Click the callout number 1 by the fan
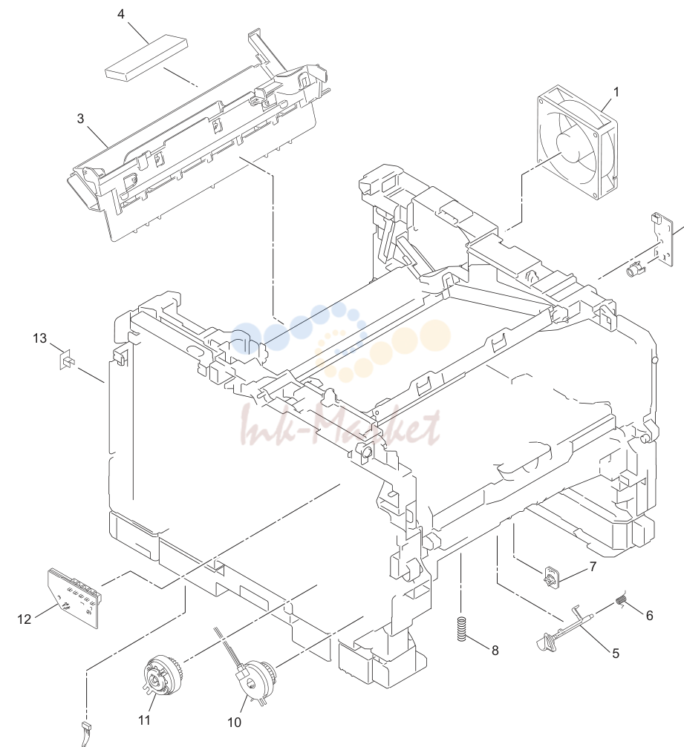[x=616, y=92]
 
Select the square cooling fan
[x=577, y=142]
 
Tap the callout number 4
[x=120, y=14]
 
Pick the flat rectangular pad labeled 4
[x=146, y=58]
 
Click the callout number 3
[x=81, y=118]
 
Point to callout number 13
[x=39, y=338]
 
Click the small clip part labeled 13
[x=67, y=360]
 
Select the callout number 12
[x=25, y=619]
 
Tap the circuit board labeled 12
[x=76, y=597]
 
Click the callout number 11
[x=144, y=720]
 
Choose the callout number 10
[x=234, y=723]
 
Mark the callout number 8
[x=495, y=651]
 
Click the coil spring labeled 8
[x=461, y=629]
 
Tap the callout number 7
[x=593, y=567]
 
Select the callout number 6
[x=649, y=616]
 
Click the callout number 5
[x=616, y=654]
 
